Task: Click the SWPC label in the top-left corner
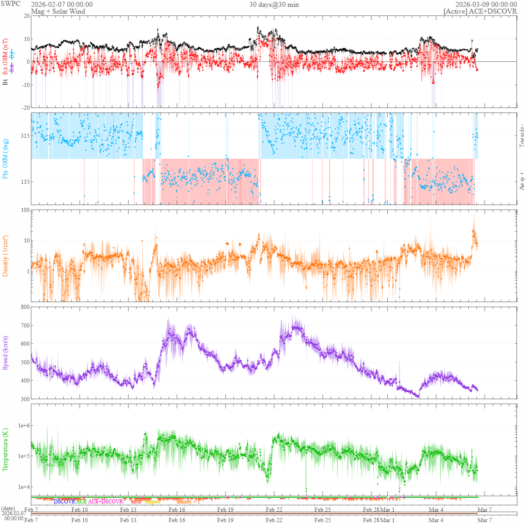[11, 4]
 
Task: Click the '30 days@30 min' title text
[274, 5]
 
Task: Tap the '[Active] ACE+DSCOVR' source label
[480, 11]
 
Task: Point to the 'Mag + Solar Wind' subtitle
[58, 11]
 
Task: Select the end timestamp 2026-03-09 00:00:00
[486, 5]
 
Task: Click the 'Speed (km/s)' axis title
[5, 353]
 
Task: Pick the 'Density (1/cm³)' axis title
[5, 256]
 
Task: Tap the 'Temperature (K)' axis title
[5, 449]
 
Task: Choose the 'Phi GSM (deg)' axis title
[5, 159]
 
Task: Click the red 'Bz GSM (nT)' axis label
[5, 56]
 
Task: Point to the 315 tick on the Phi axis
[25, 136]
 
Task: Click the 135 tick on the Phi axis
[25, 182]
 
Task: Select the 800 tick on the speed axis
[25, 307]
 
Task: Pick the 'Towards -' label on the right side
[521, 136]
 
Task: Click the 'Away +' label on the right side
[521, 181]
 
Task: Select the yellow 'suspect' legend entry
[153, 502]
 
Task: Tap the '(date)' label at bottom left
[8, 508]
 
